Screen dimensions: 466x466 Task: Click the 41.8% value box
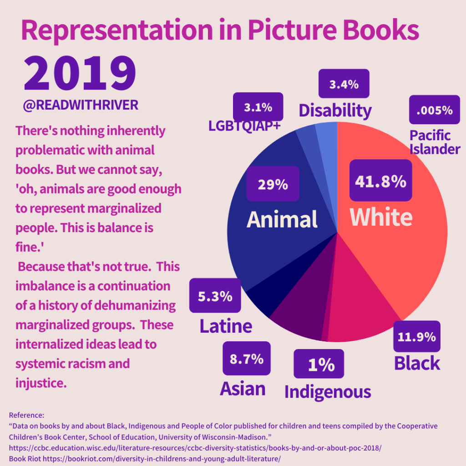click(x=380, y=181)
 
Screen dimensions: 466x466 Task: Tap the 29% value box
click(x=273, y=184)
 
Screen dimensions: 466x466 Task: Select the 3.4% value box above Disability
click(x=344, y=84)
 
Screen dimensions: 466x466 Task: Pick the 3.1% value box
click(x=258, y=107)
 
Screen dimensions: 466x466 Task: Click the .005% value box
click(x=434, y=110)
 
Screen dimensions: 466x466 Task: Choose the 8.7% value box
click(x=246, y=358)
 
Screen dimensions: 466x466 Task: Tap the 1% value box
click(x=319, y=364)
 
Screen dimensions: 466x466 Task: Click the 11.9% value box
click(x=416, y=336)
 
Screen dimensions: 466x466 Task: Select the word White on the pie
click(x=381, y=217)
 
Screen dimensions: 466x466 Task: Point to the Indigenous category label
click(x=328, y=391)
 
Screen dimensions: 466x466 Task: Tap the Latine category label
click(x=226, y=326)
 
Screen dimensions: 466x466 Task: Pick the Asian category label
click(x=243, y=388)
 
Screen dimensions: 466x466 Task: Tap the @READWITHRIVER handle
click(x=81, y=105)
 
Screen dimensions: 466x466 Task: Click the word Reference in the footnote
click(x=26, y=415)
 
